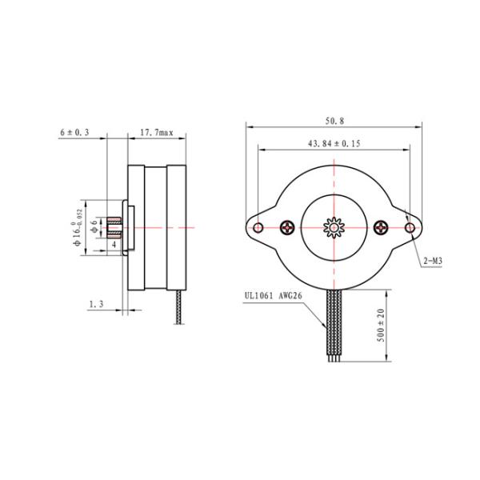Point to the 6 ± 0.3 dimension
pyautogui.click(x=74, y=132)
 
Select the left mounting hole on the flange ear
pyautogui.click(x=258, y=228)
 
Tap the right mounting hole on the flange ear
pyautogui.click(x=410, y=228)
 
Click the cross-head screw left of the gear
pyautogui.click(x=288, y=228)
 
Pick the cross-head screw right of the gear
pyautogui.click(x=379, y=228)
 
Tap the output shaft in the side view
pyautogui.click(x=114, y=228)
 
